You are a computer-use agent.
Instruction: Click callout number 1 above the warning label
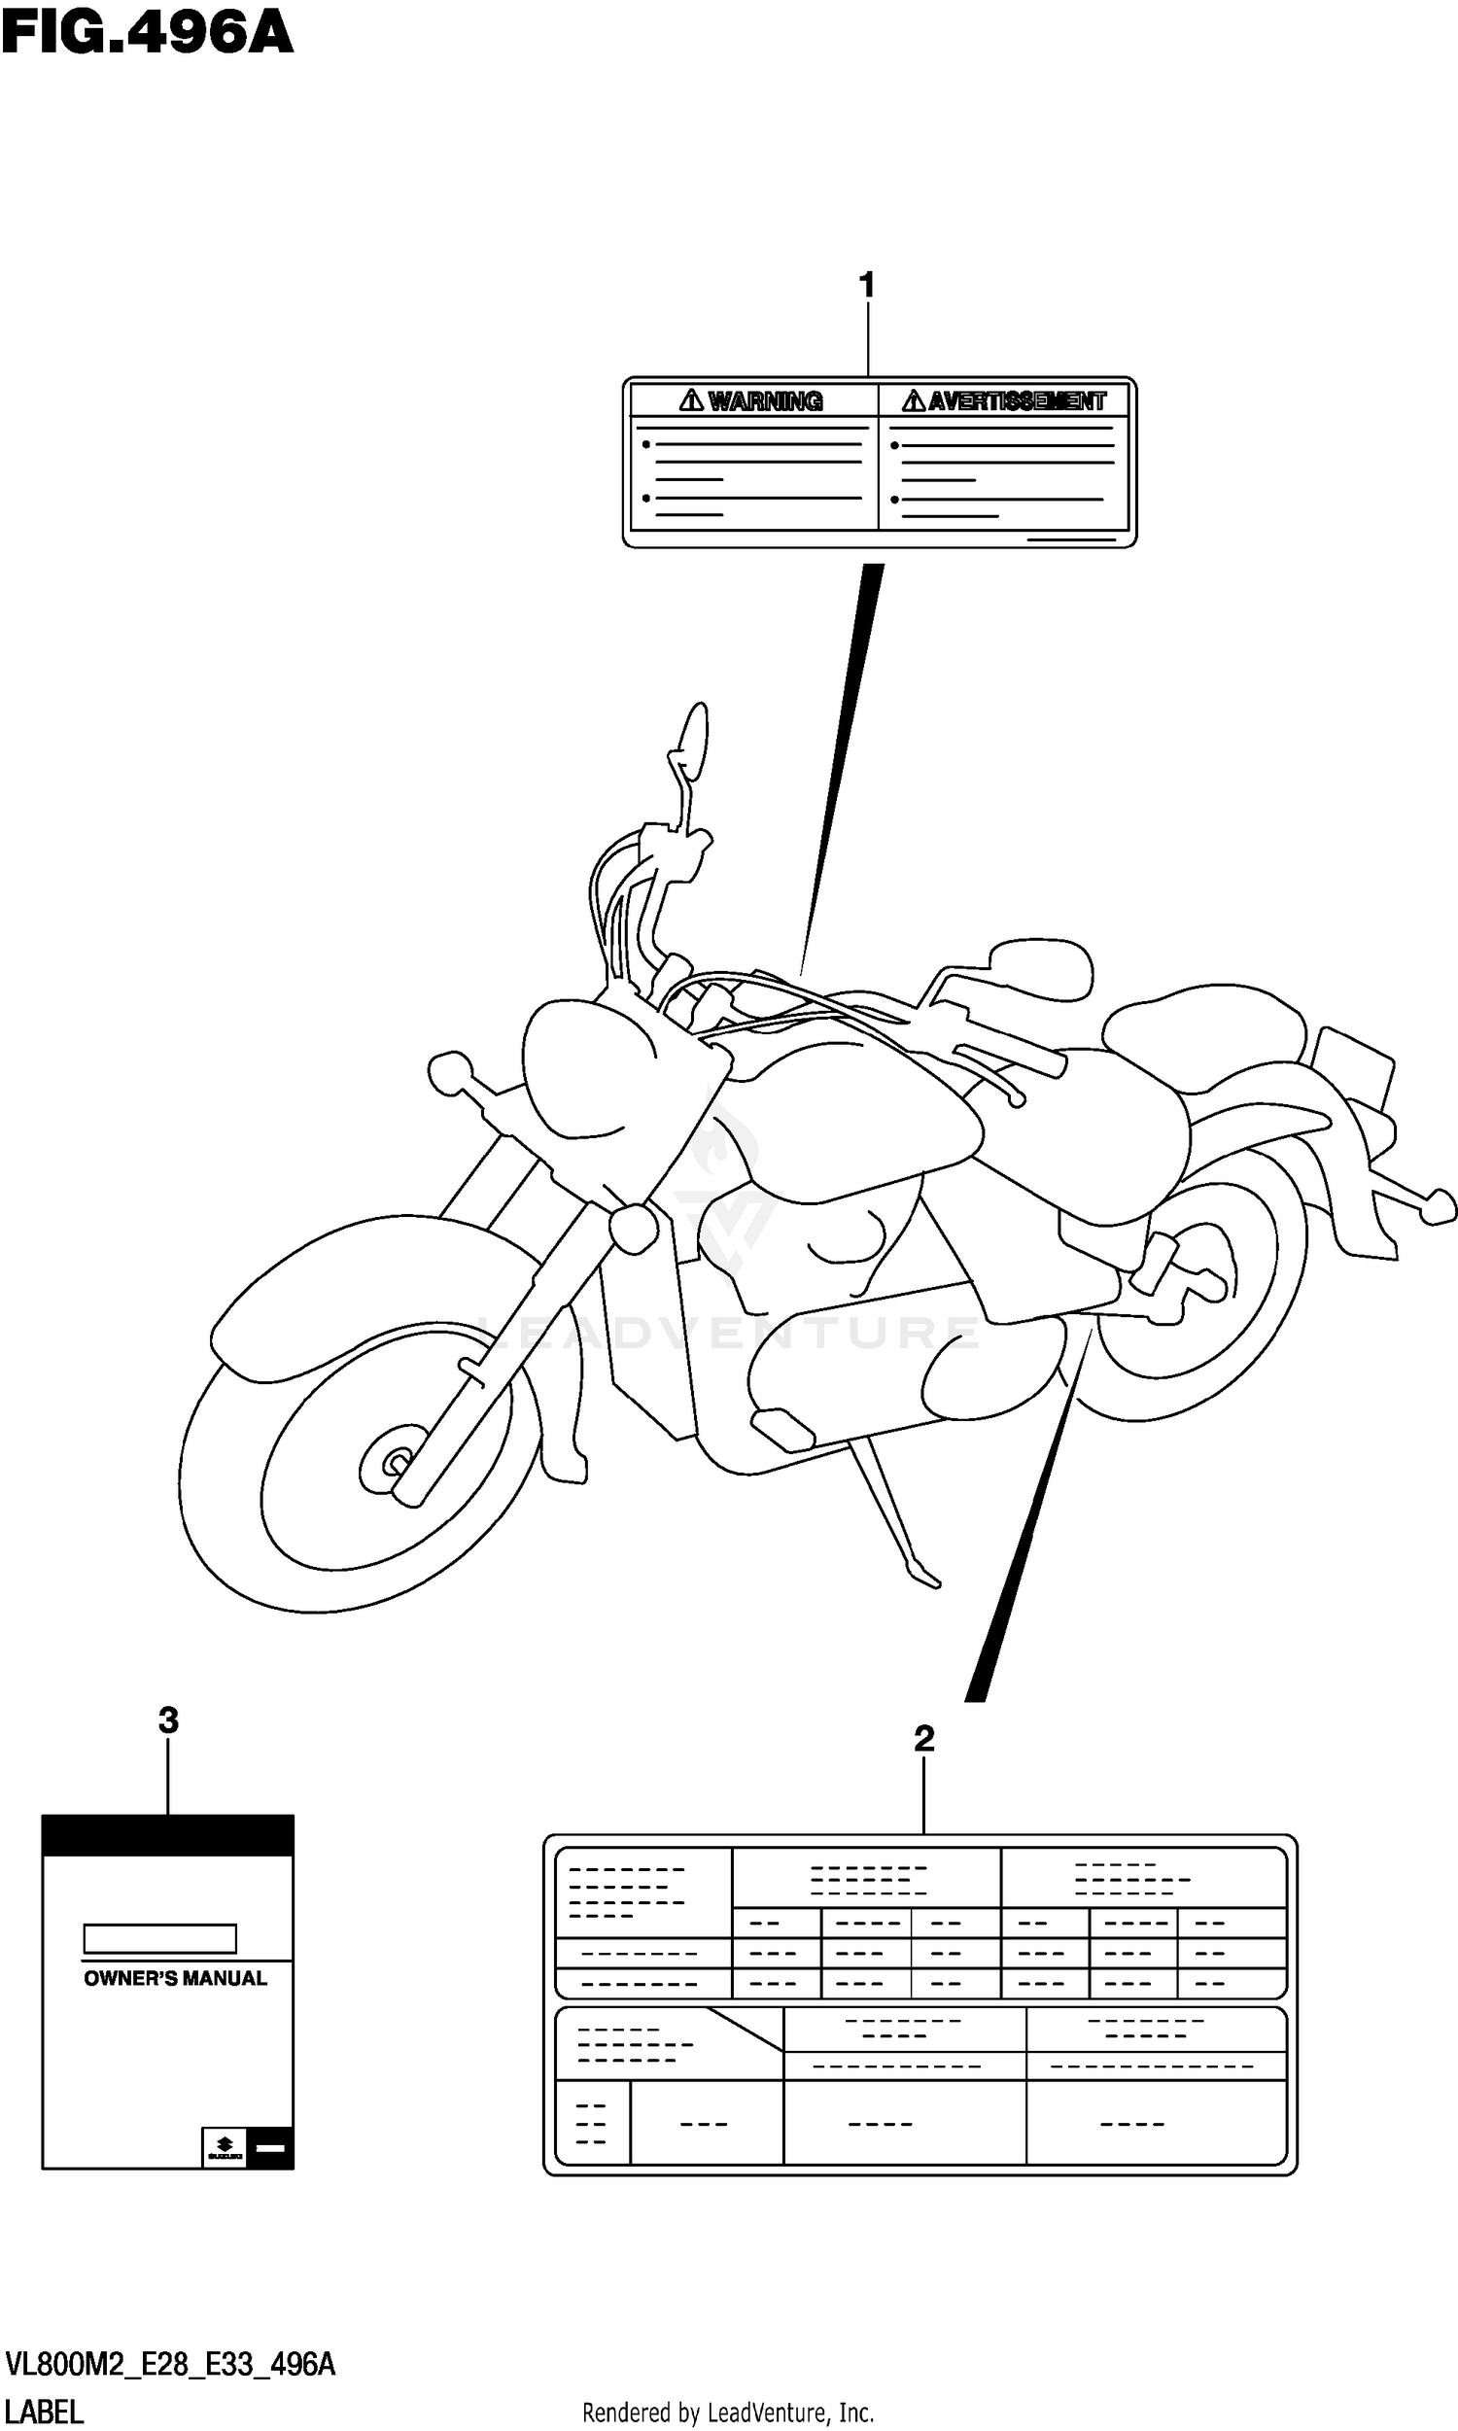tap(867, 285)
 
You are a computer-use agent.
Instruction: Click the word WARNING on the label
tap(764, 400)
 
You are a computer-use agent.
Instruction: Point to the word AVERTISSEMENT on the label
tap(1016, 400)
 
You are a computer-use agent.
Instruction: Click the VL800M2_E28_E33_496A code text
tap(170, 2364)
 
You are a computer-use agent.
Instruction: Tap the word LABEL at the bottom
tap(44, 2412)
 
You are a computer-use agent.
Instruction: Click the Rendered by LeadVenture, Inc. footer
tap(728, 2413)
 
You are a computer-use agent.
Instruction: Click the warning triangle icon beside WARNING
tap(691, 399)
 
